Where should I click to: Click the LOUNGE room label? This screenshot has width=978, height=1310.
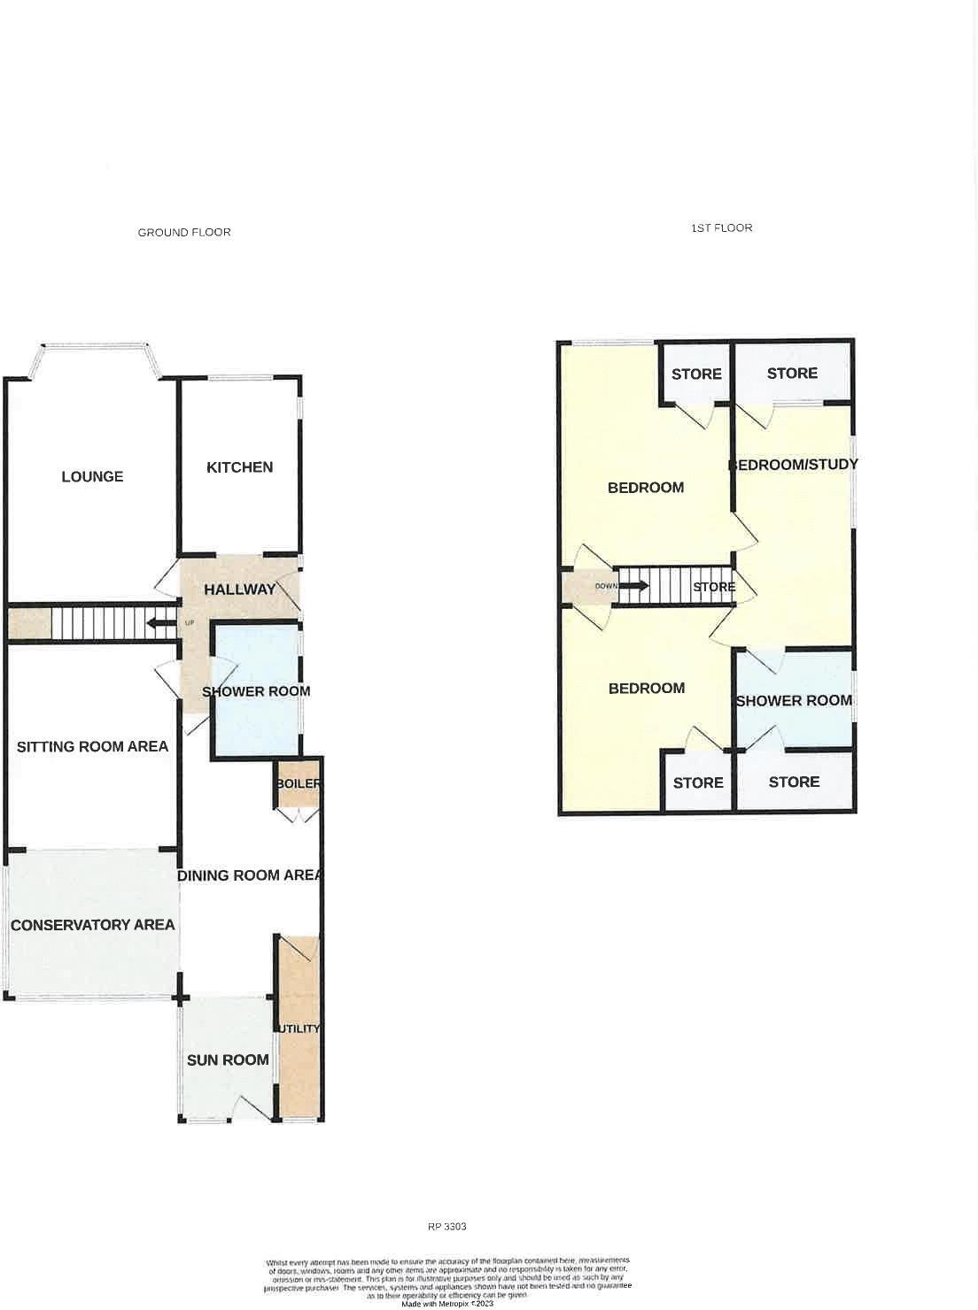(x=92, y=476)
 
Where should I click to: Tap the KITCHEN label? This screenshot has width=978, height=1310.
(x=239, y=467)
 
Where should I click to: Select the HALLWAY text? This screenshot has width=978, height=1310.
(x=239, y=589)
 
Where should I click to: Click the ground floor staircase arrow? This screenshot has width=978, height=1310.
(x=160, y=623)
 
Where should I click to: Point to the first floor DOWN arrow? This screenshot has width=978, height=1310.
(x=633, y=586)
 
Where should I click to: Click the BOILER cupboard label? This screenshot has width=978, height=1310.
(x=299, y=784)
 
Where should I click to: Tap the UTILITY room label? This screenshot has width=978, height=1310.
(x=299, y=1029)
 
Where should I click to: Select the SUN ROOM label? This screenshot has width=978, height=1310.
(x=228, y=1060)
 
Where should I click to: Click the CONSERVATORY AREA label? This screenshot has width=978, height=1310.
(x=92, y=925)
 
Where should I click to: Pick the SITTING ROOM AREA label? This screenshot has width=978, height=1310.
(x=92, y=746)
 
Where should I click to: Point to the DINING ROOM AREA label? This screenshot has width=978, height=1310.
(x=249, y=875)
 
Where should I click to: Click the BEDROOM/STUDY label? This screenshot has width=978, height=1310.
(x=793, y=465)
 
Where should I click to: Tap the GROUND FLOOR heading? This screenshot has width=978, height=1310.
(x=184, y=233)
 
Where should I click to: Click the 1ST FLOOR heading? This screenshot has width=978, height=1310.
(x=721, y=228)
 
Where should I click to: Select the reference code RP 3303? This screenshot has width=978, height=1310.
(x=446, y=1227)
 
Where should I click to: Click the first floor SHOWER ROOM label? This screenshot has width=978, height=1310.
(x=794, y=701)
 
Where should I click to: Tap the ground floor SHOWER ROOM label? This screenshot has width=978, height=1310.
(x=256, y=691)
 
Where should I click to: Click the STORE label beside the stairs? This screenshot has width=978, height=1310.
(x=714, y=587)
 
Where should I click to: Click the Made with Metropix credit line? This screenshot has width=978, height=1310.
(x=446, y=1303)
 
